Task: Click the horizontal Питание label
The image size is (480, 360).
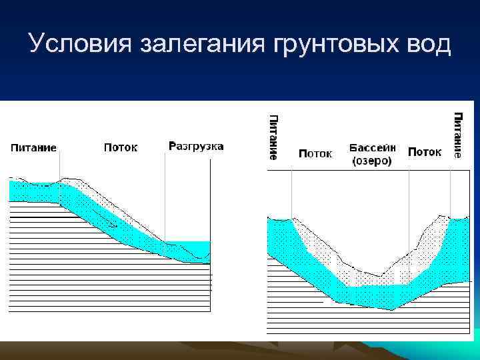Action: [33, 147]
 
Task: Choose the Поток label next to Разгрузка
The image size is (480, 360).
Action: [120, 147]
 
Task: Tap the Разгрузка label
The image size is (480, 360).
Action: [196, 146]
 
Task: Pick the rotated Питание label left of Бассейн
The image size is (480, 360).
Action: [273, 137]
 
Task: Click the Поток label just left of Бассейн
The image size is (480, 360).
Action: [315, 153]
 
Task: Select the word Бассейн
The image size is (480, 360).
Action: [372, 147]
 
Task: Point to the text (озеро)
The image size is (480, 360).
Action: [371, 161]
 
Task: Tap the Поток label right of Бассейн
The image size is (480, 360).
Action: [425, 152]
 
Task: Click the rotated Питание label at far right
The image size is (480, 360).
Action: [458, 135]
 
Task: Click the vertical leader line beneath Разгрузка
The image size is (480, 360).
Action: [164, 197]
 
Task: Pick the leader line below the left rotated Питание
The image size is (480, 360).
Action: [291, 193]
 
